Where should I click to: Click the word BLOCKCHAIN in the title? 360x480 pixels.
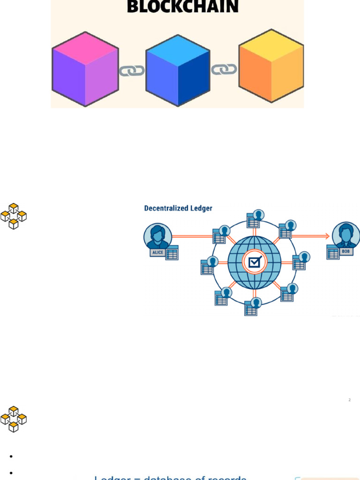(x=182, y=7)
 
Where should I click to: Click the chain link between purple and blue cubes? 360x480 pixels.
(x=132, y=71)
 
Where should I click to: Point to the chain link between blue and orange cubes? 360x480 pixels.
(x=224, y=69)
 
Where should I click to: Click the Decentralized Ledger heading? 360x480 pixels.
(x=178, y=208)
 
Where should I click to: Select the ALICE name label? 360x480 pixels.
(x=157, y=252)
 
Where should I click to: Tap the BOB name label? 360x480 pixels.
(x=346, y=252)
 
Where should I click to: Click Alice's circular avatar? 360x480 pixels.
(x=157, y=235)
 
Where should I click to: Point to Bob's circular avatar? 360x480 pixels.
(x=346, y=235)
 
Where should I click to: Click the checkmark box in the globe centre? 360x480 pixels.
(x=254, y=262)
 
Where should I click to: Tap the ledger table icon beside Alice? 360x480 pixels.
(x=172, y=253)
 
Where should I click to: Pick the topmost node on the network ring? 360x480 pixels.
(x=254, y=219)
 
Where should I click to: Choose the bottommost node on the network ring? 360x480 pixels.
(x=252, y=307)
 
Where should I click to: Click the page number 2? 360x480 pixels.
(x=349, y=400)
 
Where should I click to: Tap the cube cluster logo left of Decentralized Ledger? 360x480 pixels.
(x=14, y=216)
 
